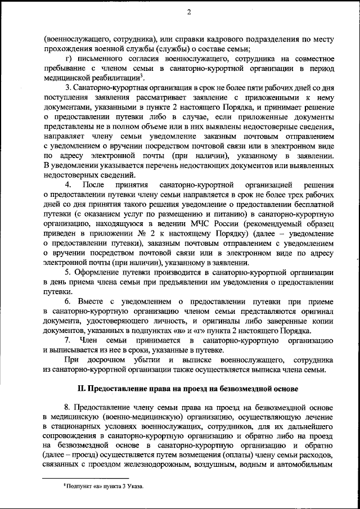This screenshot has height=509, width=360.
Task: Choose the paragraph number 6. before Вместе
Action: tap(68, 301)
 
